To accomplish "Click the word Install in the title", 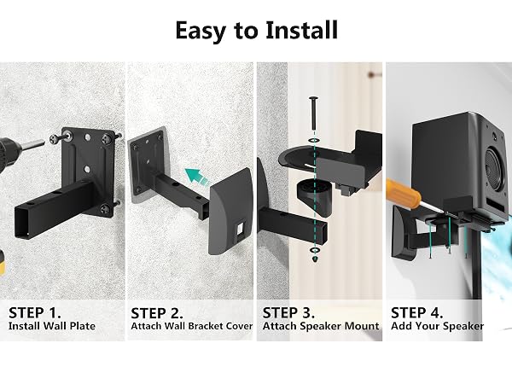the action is (301, 30).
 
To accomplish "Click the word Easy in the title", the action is (201, 31).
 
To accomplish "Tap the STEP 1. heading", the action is (35, 313).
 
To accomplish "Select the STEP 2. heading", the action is (157, 313).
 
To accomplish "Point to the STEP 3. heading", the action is (288, 313).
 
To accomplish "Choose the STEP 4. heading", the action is (417, 313).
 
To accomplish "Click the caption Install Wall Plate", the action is (52, 326).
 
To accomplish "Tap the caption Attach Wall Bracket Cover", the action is (192, 326).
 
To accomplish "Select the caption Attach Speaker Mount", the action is (321, 326).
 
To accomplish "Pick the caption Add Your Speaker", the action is (438, 326).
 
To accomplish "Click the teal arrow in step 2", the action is (196, 177).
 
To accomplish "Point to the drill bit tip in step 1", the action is (44, 143).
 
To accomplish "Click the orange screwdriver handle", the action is (399, 192).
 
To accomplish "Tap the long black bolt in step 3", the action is (313, 113).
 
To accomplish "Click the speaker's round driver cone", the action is (497, 169).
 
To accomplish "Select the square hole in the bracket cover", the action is (241, 228).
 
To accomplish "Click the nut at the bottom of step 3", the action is (314, 259).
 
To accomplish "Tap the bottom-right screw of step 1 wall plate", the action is (106, 208).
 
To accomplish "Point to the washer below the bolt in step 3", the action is (314, 141).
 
